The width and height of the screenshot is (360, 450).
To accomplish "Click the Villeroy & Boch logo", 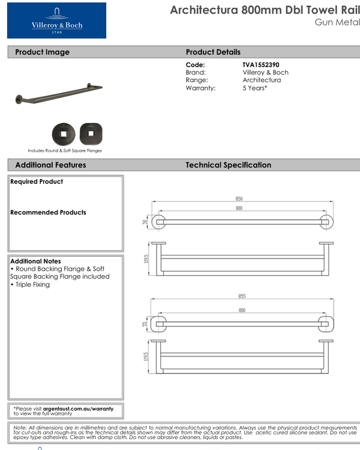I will (56, 20).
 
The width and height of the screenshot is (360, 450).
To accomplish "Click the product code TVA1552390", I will (260, 65).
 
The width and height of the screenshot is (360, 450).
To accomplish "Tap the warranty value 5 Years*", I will (255, 88).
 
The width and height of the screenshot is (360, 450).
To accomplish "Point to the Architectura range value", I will (262, 80).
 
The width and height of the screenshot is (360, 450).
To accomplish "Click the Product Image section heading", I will (42, 52).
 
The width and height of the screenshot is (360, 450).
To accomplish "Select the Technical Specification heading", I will (228, 165).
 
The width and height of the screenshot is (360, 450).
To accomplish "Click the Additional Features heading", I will (50, 165).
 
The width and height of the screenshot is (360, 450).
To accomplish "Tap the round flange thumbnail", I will (61, 132).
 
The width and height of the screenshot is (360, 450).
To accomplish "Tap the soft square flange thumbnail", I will (88, 132).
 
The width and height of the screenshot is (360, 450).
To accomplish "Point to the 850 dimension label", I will (239, 199).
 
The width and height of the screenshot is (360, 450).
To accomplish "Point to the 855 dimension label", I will (242, 296).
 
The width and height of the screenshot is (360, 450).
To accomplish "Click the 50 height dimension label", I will (145, 222).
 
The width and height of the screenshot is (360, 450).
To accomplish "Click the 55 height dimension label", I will (145, 324).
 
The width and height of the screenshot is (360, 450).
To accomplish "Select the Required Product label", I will (37, 182).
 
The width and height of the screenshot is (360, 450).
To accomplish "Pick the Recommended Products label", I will (48, 212).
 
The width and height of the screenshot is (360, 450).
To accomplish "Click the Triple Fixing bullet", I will (31, 284).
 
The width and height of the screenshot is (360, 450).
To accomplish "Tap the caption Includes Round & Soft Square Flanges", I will (65, 151).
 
